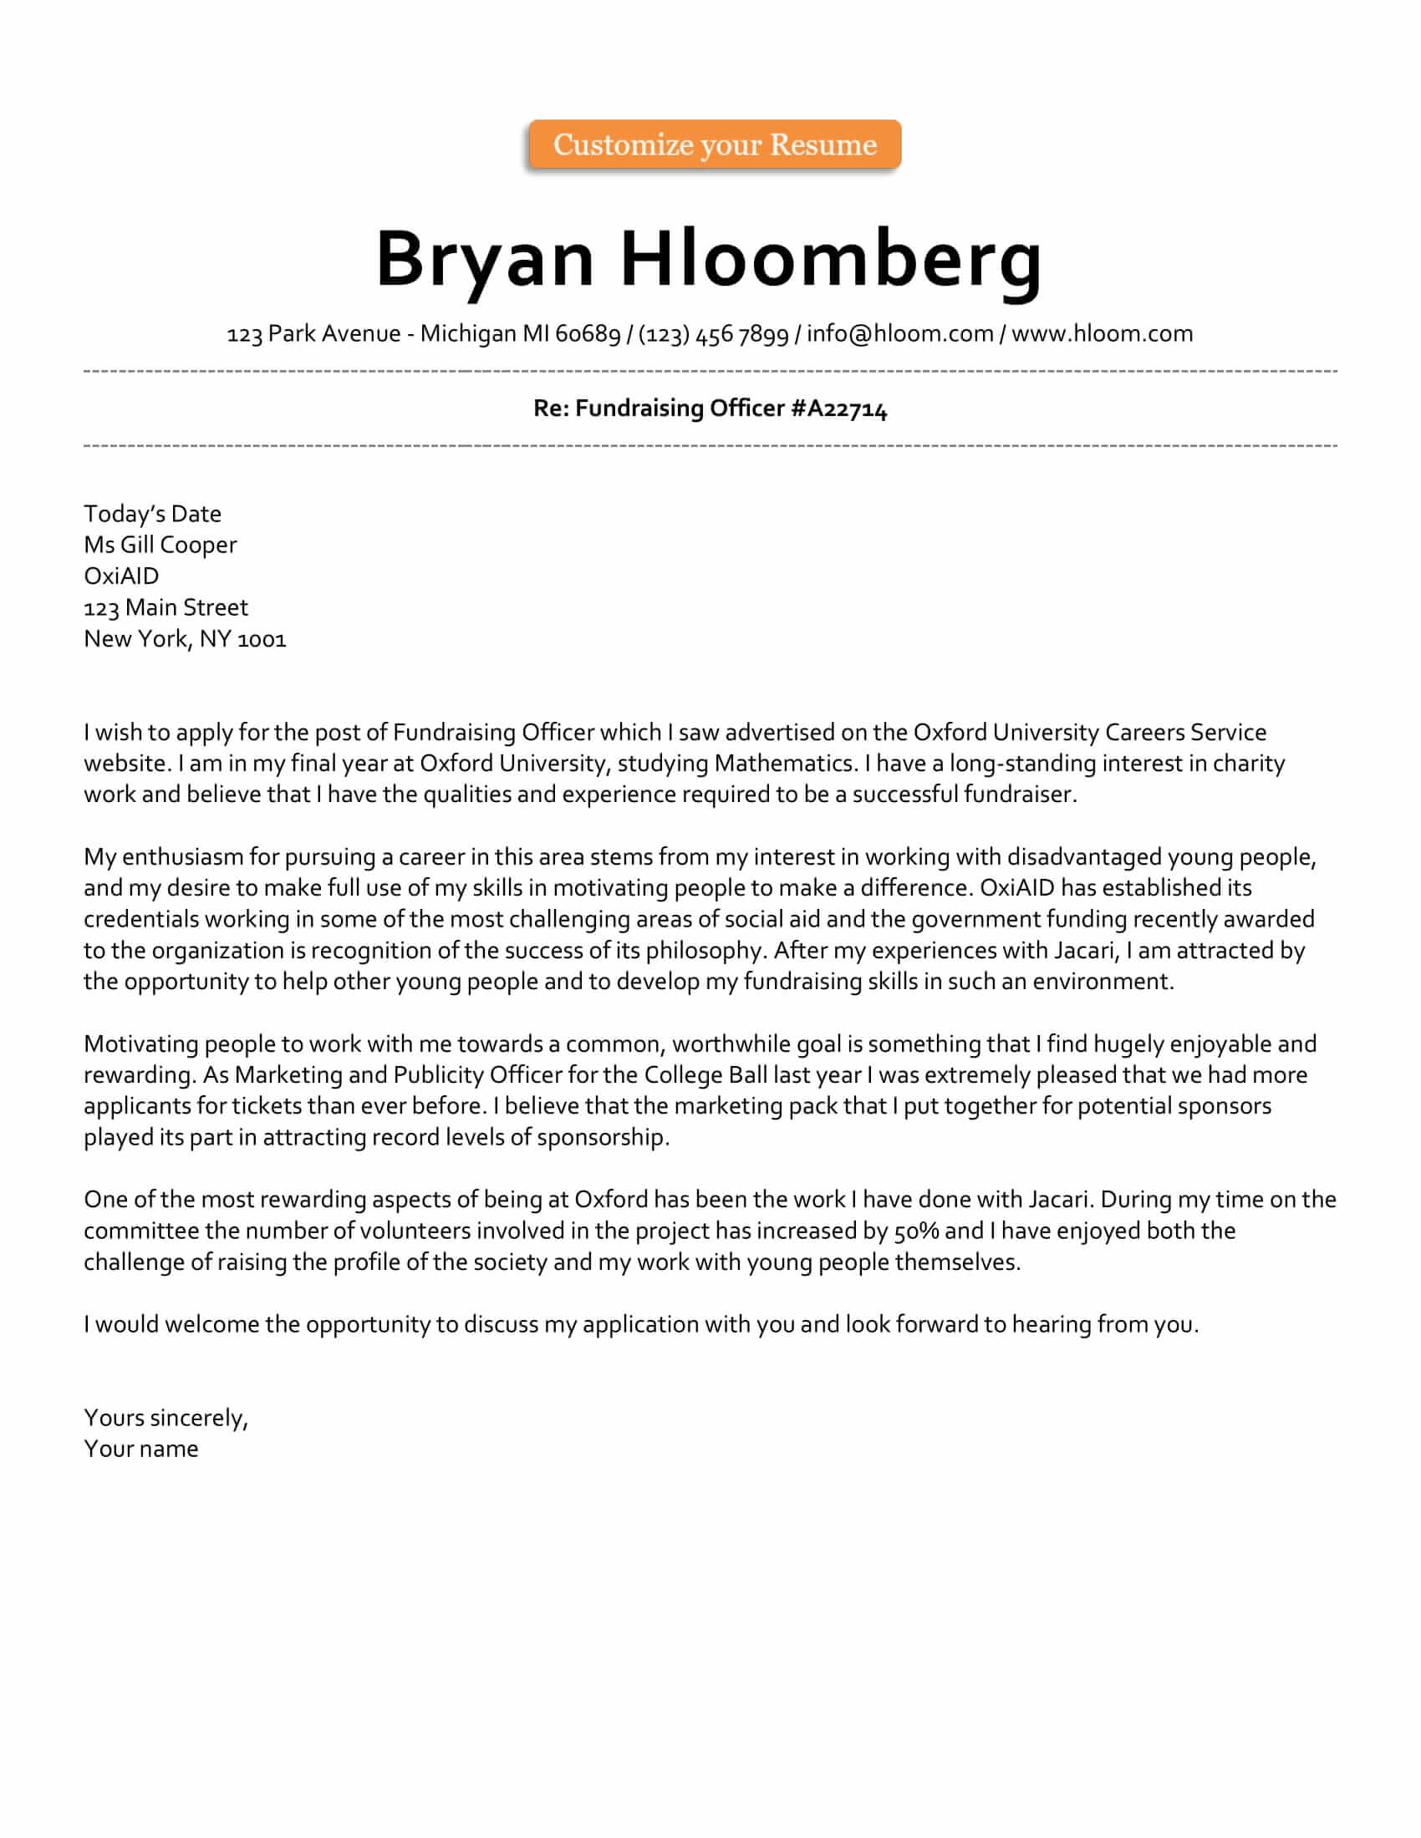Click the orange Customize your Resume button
coord(715,145)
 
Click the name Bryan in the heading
coord(485,259)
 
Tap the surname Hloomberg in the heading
coord(831,259)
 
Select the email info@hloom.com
coord(900,334)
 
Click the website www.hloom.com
coord(1102,334)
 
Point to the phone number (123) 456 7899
coord(714,334)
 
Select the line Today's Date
coord(152,513)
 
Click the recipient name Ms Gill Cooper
coord(160,545)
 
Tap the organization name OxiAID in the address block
coord(121,576)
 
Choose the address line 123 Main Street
coord(166,607)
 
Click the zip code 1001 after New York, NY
coord(262,640)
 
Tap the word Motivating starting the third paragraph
coord(140,1043)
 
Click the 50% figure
coord(916,1231)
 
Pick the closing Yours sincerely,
coord(166,1418)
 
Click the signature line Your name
coord(140,1450)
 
